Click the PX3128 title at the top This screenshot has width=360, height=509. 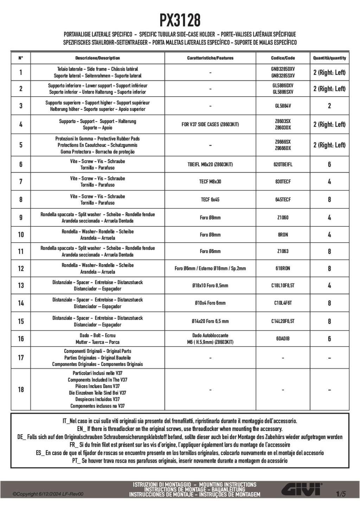click(180, 20)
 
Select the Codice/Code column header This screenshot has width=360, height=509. click(283, 58)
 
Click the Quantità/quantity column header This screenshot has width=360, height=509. click(329, 58)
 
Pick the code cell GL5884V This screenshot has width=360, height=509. click(283, 106)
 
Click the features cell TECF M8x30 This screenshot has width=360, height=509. click(210, 182)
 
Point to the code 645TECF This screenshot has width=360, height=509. click(283, 200)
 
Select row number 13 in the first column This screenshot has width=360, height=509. click(21, 285)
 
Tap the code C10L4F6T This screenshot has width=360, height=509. click(283, 303)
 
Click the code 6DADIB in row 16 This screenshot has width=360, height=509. click(283, 339)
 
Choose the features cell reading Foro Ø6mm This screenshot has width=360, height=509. click(210, 251)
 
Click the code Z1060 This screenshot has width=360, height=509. click(283, 218)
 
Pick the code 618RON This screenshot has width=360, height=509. click(283, 269)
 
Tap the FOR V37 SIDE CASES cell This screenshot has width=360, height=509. click(210, 124)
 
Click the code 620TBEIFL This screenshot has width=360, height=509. click(283, 165)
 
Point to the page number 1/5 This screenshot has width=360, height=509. click(341, 494)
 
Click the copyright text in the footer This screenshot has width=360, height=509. click(48, 494)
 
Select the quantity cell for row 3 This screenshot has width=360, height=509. click(329, 106)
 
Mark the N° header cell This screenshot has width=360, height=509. click(21, 58)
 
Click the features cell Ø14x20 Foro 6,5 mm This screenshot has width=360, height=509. click(210, 321)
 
